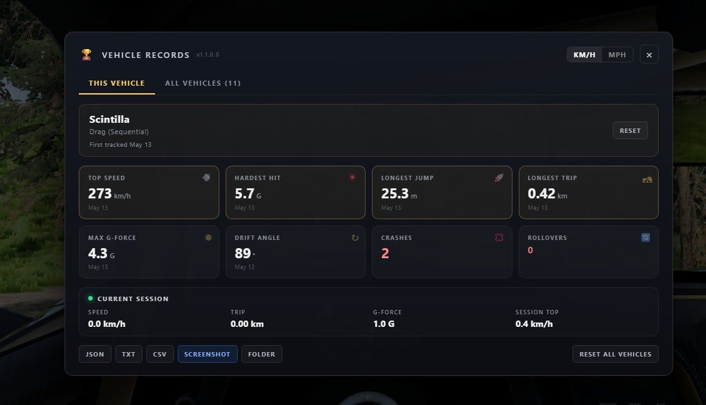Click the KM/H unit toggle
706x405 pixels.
(584, 55)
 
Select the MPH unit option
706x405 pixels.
(617, 55)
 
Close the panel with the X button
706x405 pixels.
(649, 55)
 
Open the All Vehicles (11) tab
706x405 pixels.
(202, 83)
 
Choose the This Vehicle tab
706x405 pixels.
(117, 83)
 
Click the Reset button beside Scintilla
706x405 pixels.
(630, 130)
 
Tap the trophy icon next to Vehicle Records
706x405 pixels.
(86, 54)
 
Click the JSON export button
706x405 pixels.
(95, 354)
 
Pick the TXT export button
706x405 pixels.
(129, 354)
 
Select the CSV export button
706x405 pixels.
(160, 354)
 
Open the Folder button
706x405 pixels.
(262, 354)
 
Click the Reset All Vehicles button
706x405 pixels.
(615, 354)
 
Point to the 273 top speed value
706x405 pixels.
(100, 193)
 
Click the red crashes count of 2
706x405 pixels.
(385, 253)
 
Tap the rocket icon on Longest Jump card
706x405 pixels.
(499, 178)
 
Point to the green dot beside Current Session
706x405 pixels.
(91, 299)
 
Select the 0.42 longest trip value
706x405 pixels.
(541, 193)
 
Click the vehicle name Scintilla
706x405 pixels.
(110, 119)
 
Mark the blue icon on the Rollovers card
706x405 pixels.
(645, 237)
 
